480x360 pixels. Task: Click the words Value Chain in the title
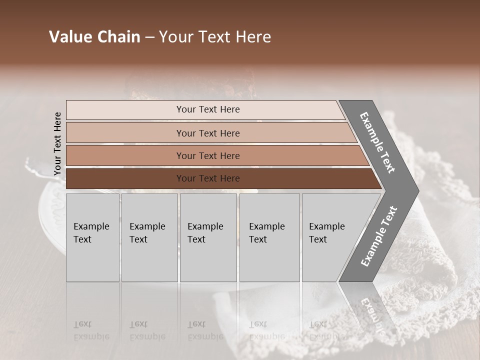[x=94, y=37]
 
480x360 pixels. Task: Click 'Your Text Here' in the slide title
[x=215, y=37]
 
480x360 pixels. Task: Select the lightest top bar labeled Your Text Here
[x=207, y=109]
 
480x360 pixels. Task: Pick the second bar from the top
[x=207, y=133]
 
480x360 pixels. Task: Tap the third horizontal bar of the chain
[x=207, y=155]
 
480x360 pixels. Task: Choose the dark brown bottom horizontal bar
[x=207, y=178]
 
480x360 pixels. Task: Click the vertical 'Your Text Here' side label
[x=57, y=143]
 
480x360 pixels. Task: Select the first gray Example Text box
[x=92, y=237]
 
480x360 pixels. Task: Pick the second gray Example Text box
[x=149, y=237]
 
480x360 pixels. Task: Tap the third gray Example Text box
[x=207, y=237]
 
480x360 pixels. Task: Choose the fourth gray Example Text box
[x=269, y=237]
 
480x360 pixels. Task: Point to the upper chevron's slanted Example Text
[x=377, y=143]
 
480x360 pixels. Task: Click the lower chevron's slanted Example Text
[x=378, y=236]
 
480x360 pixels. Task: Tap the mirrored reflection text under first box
[x=91, y=330]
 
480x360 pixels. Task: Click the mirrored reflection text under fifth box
[x=326, y=330]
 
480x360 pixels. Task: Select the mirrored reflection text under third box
[x=205, y=330]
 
